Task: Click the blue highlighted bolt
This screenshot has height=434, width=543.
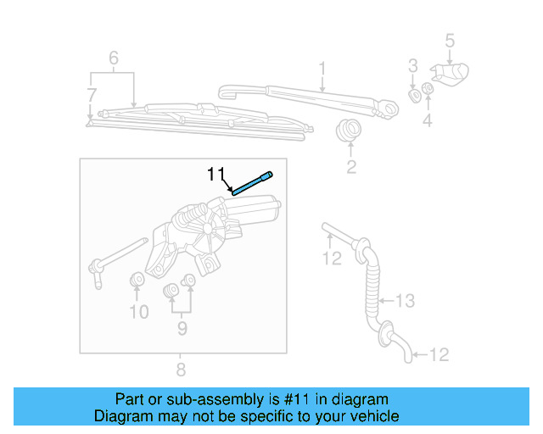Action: tap(252, 183)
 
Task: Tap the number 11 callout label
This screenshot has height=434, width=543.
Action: tap(217, 175)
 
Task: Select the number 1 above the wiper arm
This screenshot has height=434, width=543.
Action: tap(322, 67)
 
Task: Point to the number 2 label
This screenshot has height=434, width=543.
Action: tap(350, 167)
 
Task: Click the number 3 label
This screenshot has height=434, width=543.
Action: tap(413, 65)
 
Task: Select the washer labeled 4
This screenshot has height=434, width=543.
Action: tap(428, 89)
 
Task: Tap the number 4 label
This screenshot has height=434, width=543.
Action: tap(428, 120)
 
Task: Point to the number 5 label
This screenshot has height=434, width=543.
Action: tap(450, 40)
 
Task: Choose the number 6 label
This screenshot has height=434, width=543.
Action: tap(113, 58)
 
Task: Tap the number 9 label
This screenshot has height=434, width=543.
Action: tap(181, 327)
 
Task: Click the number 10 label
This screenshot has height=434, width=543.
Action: tap(138, 312)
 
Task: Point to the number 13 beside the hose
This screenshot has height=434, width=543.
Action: tap(405, 300)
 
